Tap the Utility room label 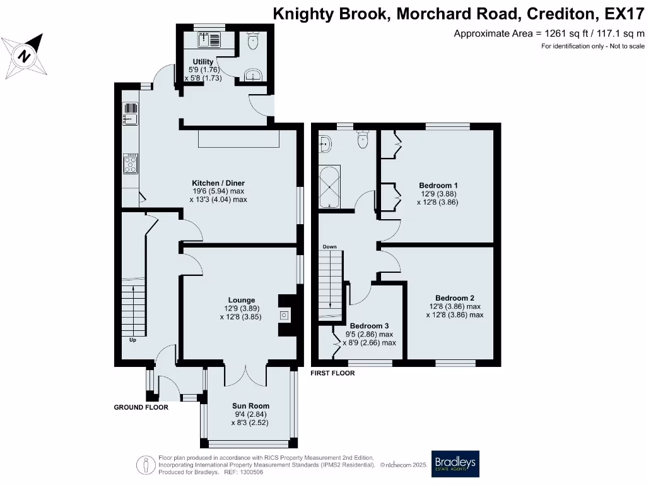[203, 61]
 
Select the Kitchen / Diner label [218, 183]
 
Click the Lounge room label [242, 300]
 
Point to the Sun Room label [250, 406]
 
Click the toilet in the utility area [254, 42]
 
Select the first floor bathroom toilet [363, 139]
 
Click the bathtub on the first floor [330, 188]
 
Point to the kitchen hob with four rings [131, 164]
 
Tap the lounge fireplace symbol [284, 314]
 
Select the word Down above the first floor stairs [330, 246]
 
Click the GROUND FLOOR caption [141, 407]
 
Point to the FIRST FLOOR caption [332, 373]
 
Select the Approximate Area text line [549, 33]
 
